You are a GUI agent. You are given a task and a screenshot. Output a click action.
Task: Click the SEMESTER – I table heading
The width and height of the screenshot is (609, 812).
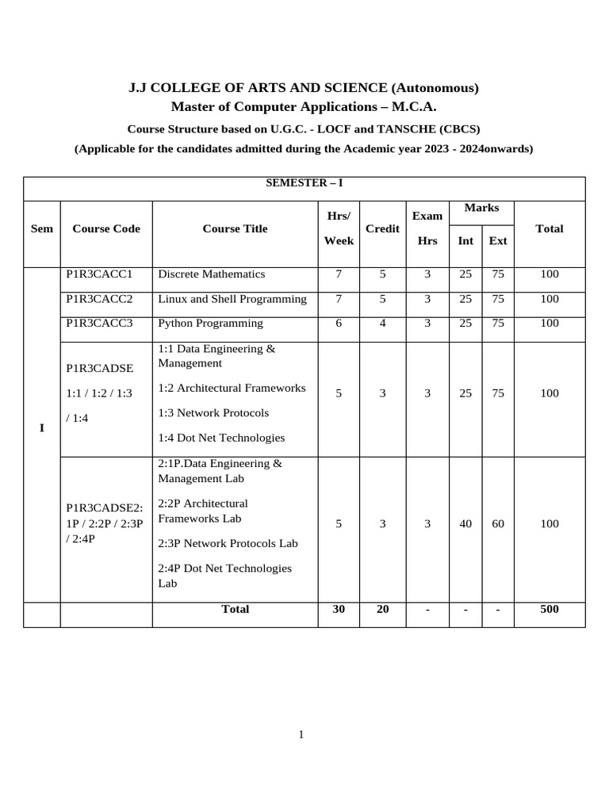(x=304, y=183)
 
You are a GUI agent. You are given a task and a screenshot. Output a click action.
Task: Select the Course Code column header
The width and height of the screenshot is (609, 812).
(x=106, y=228)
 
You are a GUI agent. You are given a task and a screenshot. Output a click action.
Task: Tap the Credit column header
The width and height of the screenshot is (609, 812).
(x=382, y=228)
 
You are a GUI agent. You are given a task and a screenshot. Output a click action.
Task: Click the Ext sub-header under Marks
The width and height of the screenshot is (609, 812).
(x=498, y=240)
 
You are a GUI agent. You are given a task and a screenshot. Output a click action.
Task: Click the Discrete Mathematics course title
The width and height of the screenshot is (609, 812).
(x=212, y=274)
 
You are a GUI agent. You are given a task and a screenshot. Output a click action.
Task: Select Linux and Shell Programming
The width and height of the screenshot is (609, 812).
(x=232, y=299)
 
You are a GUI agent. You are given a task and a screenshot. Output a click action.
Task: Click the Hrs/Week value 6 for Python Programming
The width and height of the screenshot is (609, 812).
(x=339, y=324)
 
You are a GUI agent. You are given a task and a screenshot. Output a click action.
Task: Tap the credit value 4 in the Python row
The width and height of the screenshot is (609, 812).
(x=382, y=324)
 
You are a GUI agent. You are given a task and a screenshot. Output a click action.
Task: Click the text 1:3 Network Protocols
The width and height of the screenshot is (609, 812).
(x=213, y=413)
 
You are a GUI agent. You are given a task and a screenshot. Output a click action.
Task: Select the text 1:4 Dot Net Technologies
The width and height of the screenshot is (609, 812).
(x=221, y=438)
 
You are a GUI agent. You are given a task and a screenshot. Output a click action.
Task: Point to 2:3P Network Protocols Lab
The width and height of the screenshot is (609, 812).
(x=228, y=543)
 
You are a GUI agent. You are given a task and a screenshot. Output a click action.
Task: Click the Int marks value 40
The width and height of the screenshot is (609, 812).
(x=465, y=523)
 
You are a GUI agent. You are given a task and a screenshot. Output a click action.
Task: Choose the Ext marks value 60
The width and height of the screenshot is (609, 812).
(x=498, y=523)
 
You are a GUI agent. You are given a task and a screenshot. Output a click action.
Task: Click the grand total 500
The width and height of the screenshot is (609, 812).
(x=549, y=609)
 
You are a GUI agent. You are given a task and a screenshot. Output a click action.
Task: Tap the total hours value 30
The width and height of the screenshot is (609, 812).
(x=339, y=609)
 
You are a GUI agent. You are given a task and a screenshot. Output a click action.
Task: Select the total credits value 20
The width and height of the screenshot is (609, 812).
(x=382, y=609)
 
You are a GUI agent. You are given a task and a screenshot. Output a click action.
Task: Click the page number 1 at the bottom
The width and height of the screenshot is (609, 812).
(x=301, y=734)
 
